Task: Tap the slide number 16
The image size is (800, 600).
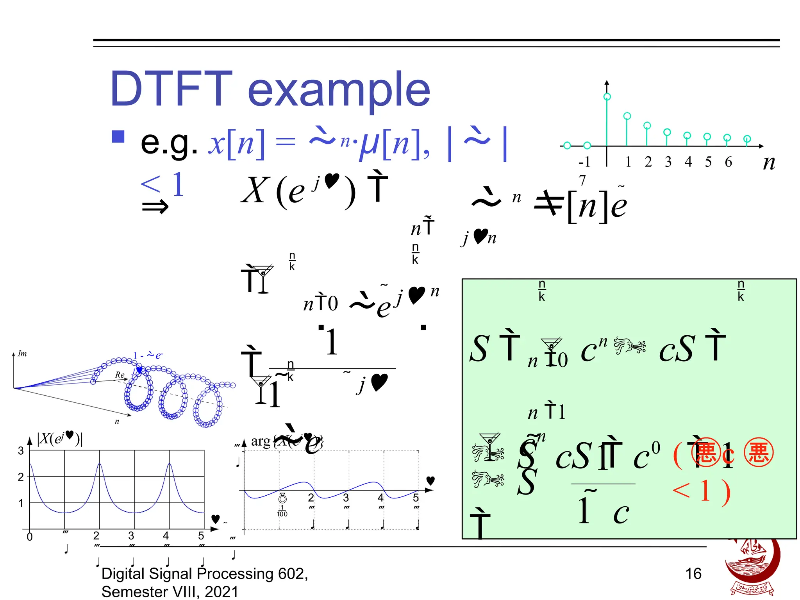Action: click(x=693, y=573)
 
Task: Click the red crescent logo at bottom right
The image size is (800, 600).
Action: click(x=752, y=566)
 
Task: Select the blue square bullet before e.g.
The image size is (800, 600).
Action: click(x=118, y=137)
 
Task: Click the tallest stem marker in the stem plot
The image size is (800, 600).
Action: click(x=607, y=97)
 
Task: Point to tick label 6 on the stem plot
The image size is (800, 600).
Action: click(x=728, y=162)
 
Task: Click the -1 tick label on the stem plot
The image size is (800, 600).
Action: click(x=584, y=162)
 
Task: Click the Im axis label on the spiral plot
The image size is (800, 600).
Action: click(x=22, y=354)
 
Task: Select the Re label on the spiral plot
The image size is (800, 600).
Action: click(x=120, y=375)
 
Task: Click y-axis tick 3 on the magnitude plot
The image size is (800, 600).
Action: click(x=21, y=451)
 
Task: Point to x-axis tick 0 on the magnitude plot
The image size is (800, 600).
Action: click(x=30, y=537)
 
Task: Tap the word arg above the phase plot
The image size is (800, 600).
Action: click(x=261, y=441)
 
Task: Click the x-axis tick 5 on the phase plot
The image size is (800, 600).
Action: click(x=416, y=498)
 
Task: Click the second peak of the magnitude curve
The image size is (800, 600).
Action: click(x=100, y=464)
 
